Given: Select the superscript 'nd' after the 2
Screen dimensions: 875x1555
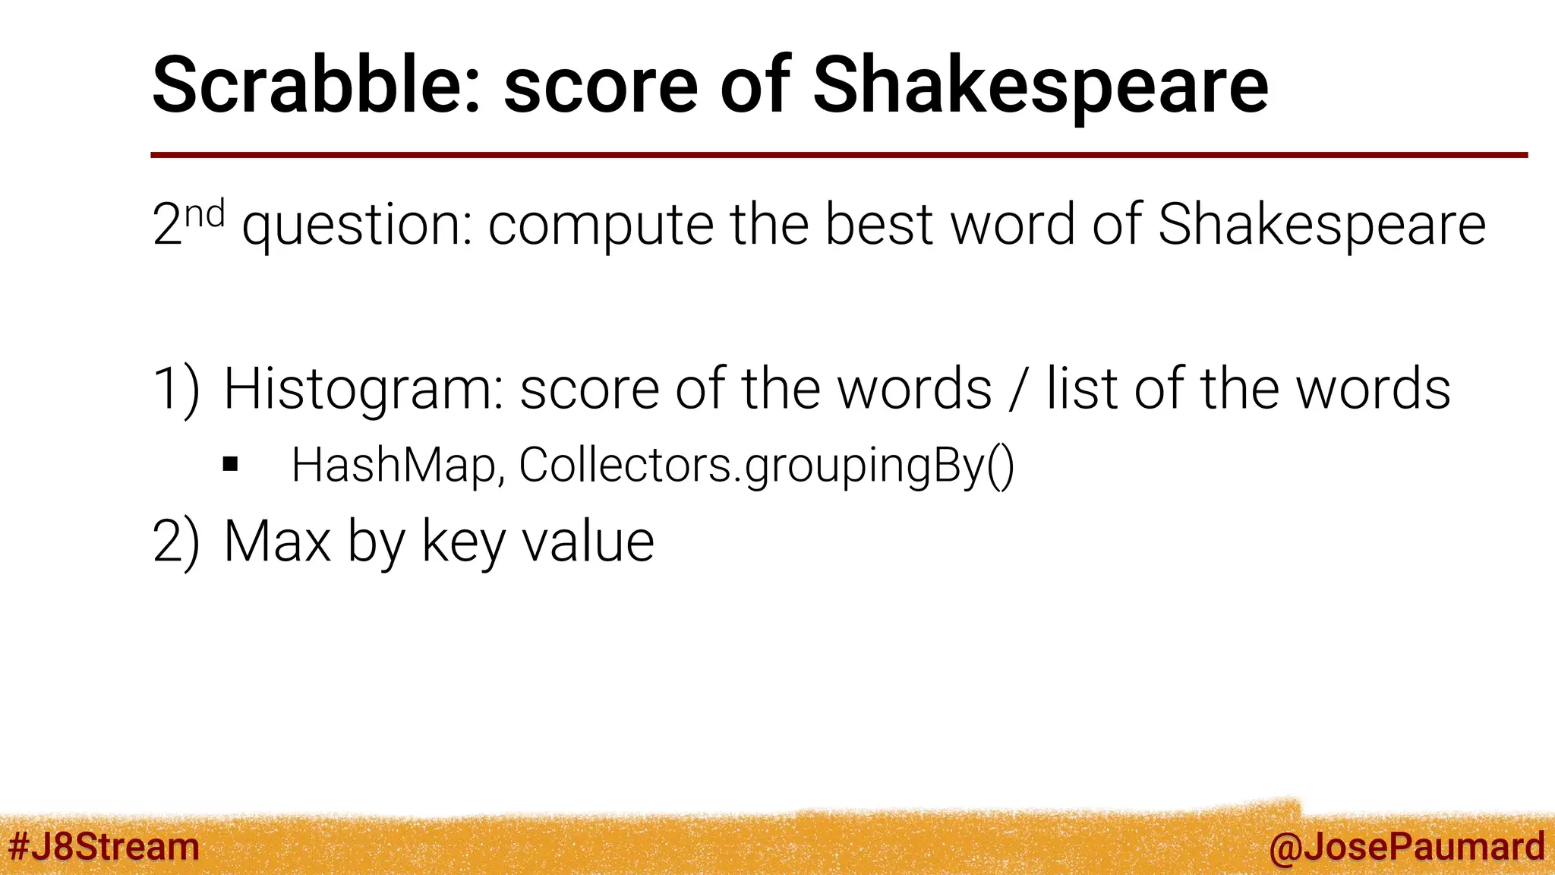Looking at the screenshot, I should click(205, 214).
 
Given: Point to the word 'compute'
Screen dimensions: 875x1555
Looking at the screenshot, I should click(601, 226).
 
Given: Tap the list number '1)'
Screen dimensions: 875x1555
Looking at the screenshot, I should click(176, 389).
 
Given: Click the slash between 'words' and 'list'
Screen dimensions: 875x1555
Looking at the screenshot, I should click(1018, 389).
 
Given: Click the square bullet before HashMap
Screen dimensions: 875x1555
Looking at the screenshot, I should click(231, 465).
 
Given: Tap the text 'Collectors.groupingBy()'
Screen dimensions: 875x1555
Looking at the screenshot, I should click(766, 466).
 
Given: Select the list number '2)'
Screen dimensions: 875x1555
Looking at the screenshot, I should click(176, 542).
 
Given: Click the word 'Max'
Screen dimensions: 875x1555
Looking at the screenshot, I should click(277, 542).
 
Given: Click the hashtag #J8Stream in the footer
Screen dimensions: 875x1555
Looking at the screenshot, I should click(103, 847).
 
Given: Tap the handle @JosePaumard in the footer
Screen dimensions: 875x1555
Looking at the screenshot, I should click(1406, 847).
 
